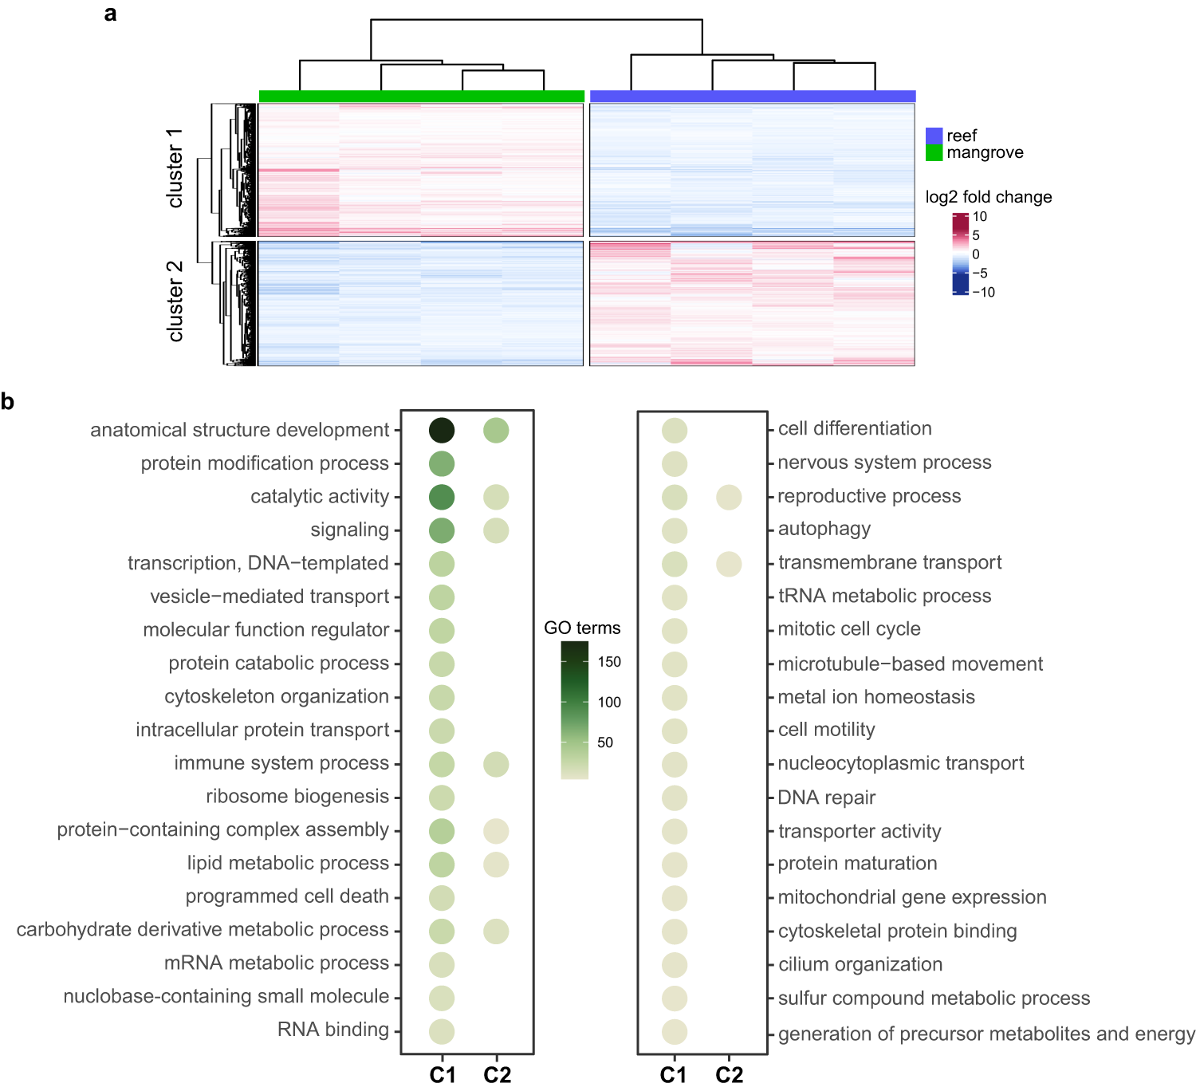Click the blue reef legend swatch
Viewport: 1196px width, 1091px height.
coord(934,136)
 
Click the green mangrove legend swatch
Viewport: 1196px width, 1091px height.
coord(934,152)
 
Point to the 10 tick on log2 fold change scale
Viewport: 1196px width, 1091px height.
coord(979,217)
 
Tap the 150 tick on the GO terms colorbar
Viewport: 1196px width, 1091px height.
coord(608,662)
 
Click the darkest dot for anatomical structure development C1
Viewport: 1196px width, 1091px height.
coord(442,431)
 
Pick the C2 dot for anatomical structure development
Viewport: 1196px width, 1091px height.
coord(496,431)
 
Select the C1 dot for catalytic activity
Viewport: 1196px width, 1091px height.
coord(442,497)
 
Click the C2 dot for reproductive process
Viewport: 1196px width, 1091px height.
coord(729,497)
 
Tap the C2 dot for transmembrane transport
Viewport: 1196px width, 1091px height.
coord(729,564)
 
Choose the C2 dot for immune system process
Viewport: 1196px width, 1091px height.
coord(496,764)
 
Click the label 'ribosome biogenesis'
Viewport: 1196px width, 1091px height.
coord(297,797)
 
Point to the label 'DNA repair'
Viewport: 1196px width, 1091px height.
coord(826,798)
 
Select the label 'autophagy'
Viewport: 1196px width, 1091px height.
coord(824,529)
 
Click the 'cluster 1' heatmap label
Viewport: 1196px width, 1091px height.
coord(175,168)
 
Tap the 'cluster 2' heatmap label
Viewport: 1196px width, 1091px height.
coord(175,301)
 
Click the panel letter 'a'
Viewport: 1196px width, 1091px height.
coord(110,14)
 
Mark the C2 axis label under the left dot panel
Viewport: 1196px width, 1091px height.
coord(497,1075)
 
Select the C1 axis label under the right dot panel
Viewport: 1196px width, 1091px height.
coord(674,1075)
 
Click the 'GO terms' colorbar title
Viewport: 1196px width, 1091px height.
coord(582,628)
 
